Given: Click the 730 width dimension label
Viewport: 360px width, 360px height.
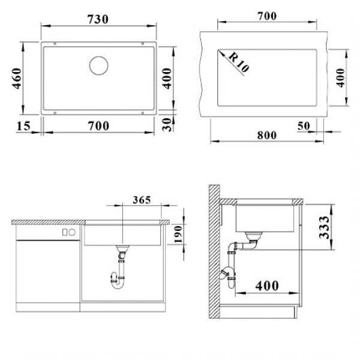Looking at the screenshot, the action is (98, 20).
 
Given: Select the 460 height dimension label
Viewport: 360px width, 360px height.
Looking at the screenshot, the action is (17, 78).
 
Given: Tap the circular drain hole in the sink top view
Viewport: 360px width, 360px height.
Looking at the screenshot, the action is (99, 65).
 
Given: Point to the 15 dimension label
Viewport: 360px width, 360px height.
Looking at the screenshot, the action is (23, 126).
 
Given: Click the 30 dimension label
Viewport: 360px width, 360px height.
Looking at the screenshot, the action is (167, 124).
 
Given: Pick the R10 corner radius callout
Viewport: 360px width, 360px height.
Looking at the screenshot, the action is (238, 62).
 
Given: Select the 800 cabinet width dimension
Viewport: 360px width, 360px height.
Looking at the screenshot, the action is (267, 135).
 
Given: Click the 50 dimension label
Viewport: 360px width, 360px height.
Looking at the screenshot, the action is (304, 126).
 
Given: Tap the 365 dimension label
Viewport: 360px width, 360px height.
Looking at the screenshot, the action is (142, 200).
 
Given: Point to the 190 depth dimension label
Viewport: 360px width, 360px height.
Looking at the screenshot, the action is (178, 234).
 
